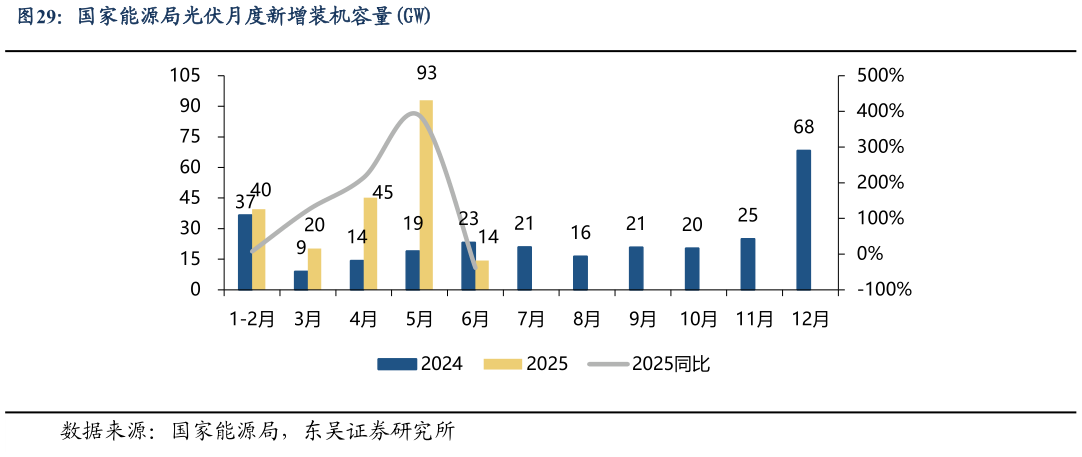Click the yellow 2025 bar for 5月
point(426,195)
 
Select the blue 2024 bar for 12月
point(803,220)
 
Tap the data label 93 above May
point(427,73)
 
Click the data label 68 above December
point(803,127)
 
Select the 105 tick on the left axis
point(187,76)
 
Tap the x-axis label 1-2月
point(251,320)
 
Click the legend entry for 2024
point(420,364)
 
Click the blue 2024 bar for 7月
point(524,268)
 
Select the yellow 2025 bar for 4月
point(370,244)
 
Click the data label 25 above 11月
point(748,215)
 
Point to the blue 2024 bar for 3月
point(300,280)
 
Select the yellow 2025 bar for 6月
point(482,275)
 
